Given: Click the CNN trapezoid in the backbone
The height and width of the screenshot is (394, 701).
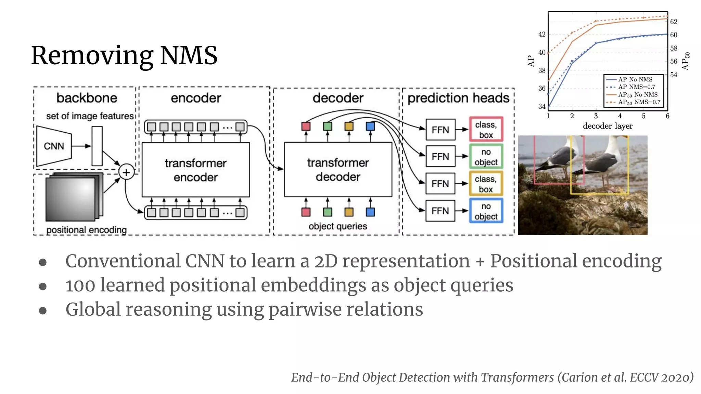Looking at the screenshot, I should click(54, 146).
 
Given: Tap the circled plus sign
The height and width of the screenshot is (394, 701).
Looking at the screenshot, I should click(126, 172).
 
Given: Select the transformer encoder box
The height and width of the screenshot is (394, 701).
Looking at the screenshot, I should click(195, 170).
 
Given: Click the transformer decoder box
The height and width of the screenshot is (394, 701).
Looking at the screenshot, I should click(338, 170).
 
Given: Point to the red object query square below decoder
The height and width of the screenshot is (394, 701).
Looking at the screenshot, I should click(306, 212).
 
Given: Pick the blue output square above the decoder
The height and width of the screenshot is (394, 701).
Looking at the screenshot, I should click(370, 126).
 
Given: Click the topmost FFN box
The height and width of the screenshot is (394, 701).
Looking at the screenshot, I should click(440, 130).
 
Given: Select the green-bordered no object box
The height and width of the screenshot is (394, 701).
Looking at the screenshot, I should click(486, 157).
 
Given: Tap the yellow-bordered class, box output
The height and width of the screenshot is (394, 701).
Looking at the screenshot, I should click(486, 184).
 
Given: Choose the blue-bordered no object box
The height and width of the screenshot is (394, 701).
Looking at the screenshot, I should click(486, 211).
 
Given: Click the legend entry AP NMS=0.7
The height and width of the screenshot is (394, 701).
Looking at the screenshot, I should click(636, 87).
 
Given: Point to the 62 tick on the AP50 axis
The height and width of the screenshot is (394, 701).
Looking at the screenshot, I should click(673, 22).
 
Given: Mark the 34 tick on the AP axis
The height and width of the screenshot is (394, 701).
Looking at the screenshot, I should click(541, 106).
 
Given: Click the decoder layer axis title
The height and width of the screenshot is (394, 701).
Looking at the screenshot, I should click(608, 126).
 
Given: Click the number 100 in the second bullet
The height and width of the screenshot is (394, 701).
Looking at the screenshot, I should click(80, 285).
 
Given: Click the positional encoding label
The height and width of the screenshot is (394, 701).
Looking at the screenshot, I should click(86, 230).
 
